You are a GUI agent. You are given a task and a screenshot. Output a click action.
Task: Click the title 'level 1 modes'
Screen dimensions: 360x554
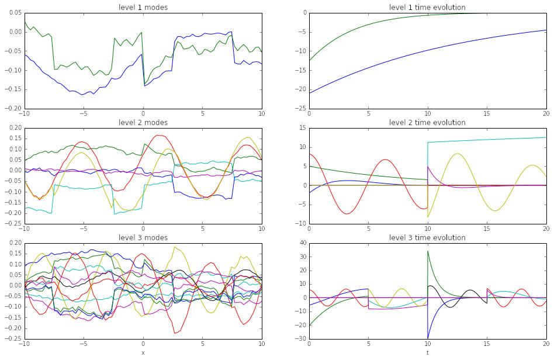(x=143, y=7)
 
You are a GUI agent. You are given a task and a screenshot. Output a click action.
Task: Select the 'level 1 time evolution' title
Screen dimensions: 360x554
(x=427, y=7)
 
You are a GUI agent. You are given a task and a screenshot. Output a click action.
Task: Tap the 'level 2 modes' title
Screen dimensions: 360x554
(x=143, y=122)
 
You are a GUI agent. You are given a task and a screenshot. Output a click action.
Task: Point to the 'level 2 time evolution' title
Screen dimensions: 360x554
(x=427, y=122)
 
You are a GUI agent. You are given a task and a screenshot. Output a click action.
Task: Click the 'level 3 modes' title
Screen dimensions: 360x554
(x=143, y=237)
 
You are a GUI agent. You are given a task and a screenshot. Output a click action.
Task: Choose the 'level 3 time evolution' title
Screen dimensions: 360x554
(x=427, y=237)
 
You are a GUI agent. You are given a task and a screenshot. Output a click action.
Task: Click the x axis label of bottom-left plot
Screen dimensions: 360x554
(x=143, y=352)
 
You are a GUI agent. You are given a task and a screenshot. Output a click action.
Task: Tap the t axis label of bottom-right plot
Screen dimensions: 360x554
(x=427, y=352)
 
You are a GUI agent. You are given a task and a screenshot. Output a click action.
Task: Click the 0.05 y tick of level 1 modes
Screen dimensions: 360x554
(x=14, y=12)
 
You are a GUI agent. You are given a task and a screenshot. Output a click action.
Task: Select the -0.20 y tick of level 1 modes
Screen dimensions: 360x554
(x=13, y=108)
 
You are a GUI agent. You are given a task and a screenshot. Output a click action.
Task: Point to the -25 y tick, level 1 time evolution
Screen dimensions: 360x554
(x=299, y=108)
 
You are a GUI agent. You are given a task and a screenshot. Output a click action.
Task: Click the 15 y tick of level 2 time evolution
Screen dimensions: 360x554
(x=301, y=127)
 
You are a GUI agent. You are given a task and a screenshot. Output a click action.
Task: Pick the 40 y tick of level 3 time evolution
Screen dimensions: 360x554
(x=301, y=243)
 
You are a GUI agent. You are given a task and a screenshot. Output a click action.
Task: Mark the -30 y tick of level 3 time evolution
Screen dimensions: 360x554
(x=299, y=338)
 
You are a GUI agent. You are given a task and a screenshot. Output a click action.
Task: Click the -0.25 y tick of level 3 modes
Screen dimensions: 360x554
(x=13, y=338)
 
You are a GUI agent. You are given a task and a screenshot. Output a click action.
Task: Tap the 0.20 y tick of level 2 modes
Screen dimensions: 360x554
(x=14, y=127)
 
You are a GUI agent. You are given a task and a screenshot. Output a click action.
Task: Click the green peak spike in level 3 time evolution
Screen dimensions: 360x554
(x=428, y=251)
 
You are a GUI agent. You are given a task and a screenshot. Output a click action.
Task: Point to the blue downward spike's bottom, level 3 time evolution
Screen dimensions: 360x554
(x=428, y=338)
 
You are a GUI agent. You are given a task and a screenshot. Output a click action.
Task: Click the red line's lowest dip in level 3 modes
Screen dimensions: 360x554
(x=174, y=333)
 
